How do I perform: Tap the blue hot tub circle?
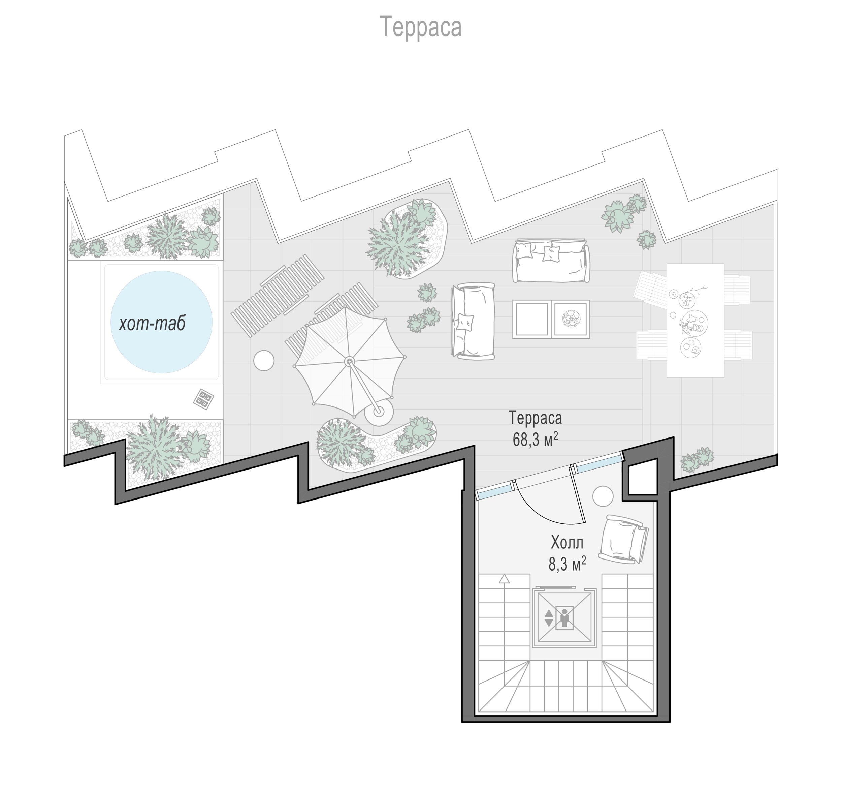click(x=161, y=322)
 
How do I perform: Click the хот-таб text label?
click(x=152, y=324)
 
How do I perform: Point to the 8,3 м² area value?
click(x=567, y=564)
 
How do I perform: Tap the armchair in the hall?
click(x=623, y=539)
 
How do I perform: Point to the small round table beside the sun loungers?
click(x=264, y=360)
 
